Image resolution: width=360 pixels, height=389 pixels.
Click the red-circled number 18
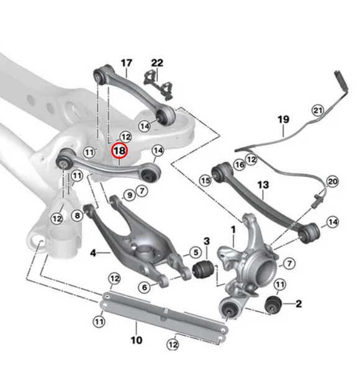tap(119, 150)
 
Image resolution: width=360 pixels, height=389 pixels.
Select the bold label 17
tap(126, 63)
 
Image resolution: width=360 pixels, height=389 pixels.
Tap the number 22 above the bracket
tap(157, 63)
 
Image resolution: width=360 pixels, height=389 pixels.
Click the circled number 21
tap(318, 110)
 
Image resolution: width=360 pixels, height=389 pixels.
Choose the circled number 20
tap(332, 182)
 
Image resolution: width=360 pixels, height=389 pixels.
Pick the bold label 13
tap(263, 185)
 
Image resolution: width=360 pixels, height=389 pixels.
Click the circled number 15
tap(205, 180)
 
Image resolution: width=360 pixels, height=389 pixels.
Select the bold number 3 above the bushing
tap(207, 240)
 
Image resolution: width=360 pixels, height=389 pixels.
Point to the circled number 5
tap(195, 253)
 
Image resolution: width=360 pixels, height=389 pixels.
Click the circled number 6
tap(144, 287)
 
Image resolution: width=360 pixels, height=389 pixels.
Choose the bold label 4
tap(93, 253)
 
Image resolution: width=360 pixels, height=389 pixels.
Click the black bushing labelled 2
tap(273, 305)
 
